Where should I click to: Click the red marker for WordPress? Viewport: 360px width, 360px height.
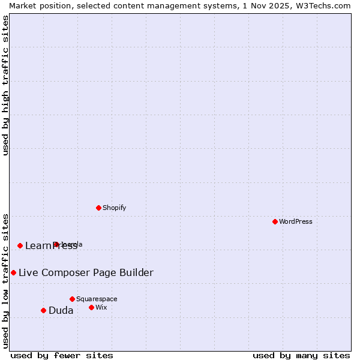pos(275,221)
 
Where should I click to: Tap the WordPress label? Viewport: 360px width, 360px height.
pos(296,221)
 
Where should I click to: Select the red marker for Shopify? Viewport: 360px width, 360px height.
pos(98,208)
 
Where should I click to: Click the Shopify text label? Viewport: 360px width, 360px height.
pos(114,208)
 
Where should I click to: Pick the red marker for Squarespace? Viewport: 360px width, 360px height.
pos(72,299)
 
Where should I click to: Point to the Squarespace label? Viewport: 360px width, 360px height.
pos(97,299)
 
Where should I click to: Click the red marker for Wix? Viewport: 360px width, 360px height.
pos(91,307)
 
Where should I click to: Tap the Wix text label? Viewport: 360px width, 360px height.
pos(101,307)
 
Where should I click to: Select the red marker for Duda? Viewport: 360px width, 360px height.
pos(43,310)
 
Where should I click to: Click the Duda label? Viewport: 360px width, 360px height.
pos(61,310)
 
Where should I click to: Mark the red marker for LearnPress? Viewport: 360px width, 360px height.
pos(20,245)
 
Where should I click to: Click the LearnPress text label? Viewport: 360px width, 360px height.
pos(51,245)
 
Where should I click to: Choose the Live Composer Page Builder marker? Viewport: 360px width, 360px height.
pos(13,272)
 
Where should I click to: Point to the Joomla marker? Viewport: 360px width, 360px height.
pos(56,244)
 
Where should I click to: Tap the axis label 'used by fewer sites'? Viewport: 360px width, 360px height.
pos(62,355)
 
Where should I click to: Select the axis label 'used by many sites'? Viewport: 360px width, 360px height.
pos(301,355)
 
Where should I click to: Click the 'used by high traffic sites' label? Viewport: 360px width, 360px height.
pos(6,85)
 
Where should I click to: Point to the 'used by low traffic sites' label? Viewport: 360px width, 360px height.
pos(6,280)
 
